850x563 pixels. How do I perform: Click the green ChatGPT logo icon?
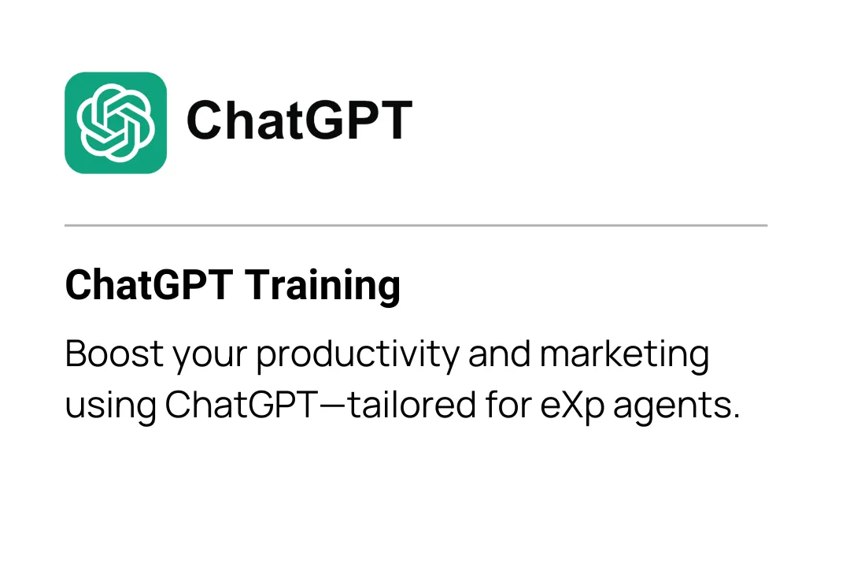[x=116, y=123]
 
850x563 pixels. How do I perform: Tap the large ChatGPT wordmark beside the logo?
[x=299, y=120]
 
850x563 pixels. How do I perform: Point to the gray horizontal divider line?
[x=416, y=224]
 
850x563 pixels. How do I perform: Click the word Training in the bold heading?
[x=323, y=285]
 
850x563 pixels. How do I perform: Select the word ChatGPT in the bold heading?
[x=149, y=285]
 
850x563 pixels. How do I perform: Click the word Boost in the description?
[x=114, y=354]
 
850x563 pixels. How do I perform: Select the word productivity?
[x=358, y=356]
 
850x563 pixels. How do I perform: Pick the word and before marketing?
[x=499, y=354]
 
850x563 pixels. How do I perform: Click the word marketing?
[x=624, y=356]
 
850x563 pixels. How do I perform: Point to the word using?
[x=111, y=407]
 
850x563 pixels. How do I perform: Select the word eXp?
[x=572, y=407]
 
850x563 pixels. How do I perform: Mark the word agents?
[x=671, y=408]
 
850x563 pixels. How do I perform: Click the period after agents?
[x=735, y=417]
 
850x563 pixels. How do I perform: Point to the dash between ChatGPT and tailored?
[x=333, y=406]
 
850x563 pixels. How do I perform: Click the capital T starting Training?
[x=257, y=285]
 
